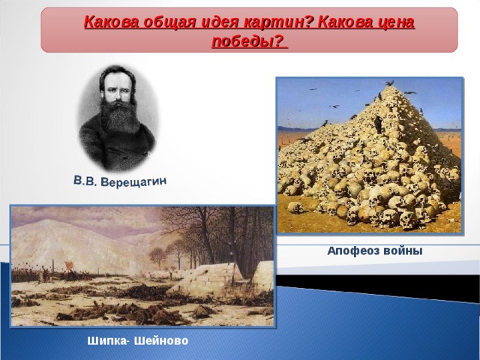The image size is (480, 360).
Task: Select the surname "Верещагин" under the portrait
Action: coord(133,181)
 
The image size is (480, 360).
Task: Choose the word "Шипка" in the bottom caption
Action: coord(106,340)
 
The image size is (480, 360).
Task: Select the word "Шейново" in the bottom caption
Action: coord(161,340)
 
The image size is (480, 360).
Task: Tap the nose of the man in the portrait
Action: coord(117,92)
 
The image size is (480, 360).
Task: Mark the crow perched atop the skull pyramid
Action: coord(390,83)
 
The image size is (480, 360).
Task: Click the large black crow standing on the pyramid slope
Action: coord(378,124)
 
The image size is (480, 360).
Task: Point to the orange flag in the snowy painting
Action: coord(67,264)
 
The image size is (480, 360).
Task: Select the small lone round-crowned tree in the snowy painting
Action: coord(158,257)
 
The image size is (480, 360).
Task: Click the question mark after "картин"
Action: coord(308,22)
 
